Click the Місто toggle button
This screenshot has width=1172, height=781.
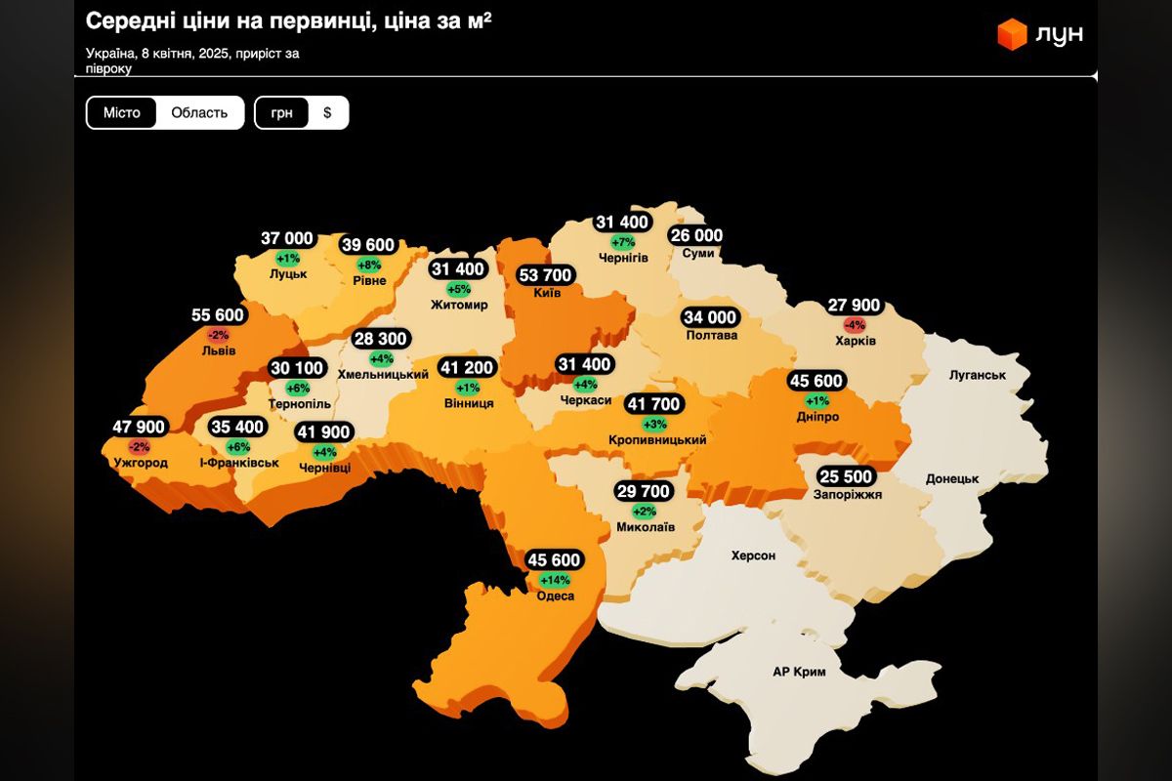click(x=122, y=112)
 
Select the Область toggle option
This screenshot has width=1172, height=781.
click(x=199, y=112)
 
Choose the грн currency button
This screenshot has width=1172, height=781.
click(x=282, y=112)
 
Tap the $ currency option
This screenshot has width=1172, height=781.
click(x=327, y=112)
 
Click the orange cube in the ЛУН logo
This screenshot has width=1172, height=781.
click(x=1012, y=33)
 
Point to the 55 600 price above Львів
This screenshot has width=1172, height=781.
click(x=219, y=315)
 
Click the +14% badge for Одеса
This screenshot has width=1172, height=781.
click(x=554, y=579)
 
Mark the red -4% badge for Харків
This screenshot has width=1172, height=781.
click(x=856, y=324)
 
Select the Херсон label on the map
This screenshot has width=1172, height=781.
click(x=753, y=555)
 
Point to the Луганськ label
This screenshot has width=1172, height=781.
click(x=977, y=375)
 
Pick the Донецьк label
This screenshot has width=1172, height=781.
click(x=951, y=478)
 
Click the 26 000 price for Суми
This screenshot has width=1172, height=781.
click(x=696, y=235)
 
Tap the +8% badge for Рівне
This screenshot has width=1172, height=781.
click(x=369, y=264)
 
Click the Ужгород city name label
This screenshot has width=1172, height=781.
click(x=141, y=463)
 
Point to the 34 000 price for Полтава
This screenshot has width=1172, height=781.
click(x=710, y=317)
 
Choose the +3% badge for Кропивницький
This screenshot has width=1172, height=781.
click(x=654, y=423)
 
